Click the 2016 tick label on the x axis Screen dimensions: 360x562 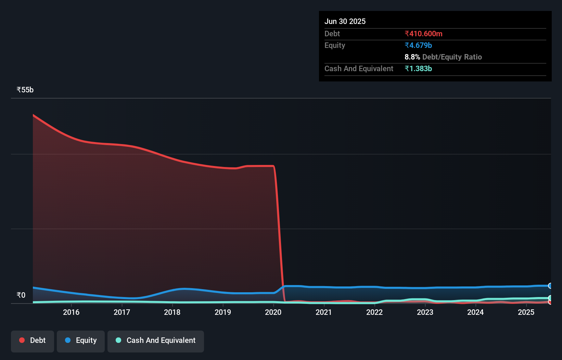point(71,312)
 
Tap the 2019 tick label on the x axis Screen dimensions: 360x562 point(223,312)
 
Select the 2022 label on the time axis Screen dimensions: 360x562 point(374,312)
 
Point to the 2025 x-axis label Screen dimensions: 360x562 point(526,312)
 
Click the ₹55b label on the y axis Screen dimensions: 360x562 point(25,90)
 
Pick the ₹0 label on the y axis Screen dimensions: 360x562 point(21,295)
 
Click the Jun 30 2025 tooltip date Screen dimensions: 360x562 point(345,21)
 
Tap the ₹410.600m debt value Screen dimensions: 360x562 point(423,34)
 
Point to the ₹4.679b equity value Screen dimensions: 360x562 point(418,45)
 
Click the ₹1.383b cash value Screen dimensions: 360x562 point(418,68)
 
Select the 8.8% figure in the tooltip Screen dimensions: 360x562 point(412,57)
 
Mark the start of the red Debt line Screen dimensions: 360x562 point(33,115)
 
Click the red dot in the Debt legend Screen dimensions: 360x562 point(22,340)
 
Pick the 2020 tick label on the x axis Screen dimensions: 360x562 point(273,312)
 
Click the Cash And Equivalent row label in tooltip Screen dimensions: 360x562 point(359,68)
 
